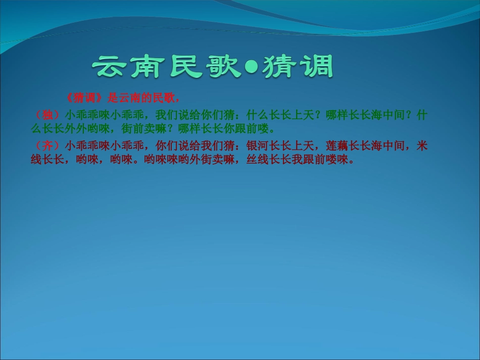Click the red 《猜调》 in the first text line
pos(86,97)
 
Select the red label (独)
pos(47,115)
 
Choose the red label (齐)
pos(47,146)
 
